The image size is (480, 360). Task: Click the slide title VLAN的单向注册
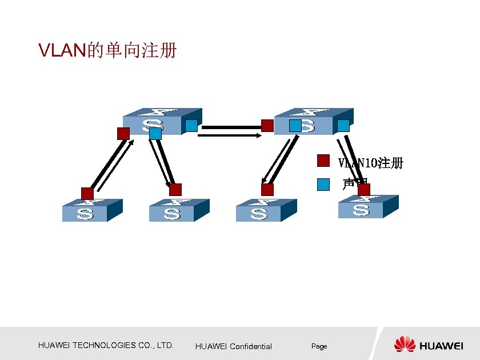[x=107, y=51]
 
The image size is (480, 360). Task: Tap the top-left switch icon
[x=163, y=122]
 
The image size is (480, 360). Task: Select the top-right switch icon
[x=313, y=121]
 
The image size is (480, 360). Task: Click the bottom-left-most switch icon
[x=91, y=211]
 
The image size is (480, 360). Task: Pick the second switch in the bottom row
[x=178, y=211]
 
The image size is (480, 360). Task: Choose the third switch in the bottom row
[x=266, y=211]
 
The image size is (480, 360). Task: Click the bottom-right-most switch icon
[x=367, y=207]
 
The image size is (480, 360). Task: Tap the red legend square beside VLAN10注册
[x=323, y=161]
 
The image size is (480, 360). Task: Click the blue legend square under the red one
[x=323, y=183]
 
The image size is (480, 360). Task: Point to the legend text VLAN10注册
[x=371, y=163]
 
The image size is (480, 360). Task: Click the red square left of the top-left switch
[x=123, y=134]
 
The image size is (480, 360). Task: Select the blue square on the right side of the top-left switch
[x=191, y=126]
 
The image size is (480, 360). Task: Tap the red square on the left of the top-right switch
[x=267, y=126]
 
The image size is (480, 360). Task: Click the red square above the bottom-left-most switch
[x=87, y=193]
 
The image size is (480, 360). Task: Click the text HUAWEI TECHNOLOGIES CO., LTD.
[x=106, y=345]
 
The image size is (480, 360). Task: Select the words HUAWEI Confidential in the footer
[x=233, y=346]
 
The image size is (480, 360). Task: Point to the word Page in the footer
[x=319, y=346]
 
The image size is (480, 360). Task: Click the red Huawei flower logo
[x=405, y=344]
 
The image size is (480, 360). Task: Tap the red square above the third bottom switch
[x=267, y=190]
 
